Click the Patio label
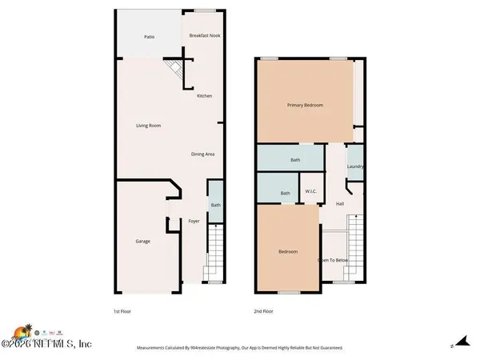click(149, 37)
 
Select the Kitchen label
click(205, 96)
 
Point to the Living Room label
click(149, 126)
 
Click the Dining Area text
click(202, 154)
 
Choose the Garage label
click(142, 241)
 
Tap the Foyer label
click(194, 221)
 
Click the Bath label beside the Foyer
click(215, 206)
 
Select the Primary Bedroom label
click(305, 105)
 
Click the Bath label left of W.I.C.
click(285, 193)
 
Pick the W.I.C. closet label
click(311, 192)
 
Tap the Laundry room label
click(356, 166)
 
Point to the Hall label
click(340, 204)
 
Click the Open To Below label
click(333, 260)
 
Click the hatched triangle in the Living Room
click(174, 71)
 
